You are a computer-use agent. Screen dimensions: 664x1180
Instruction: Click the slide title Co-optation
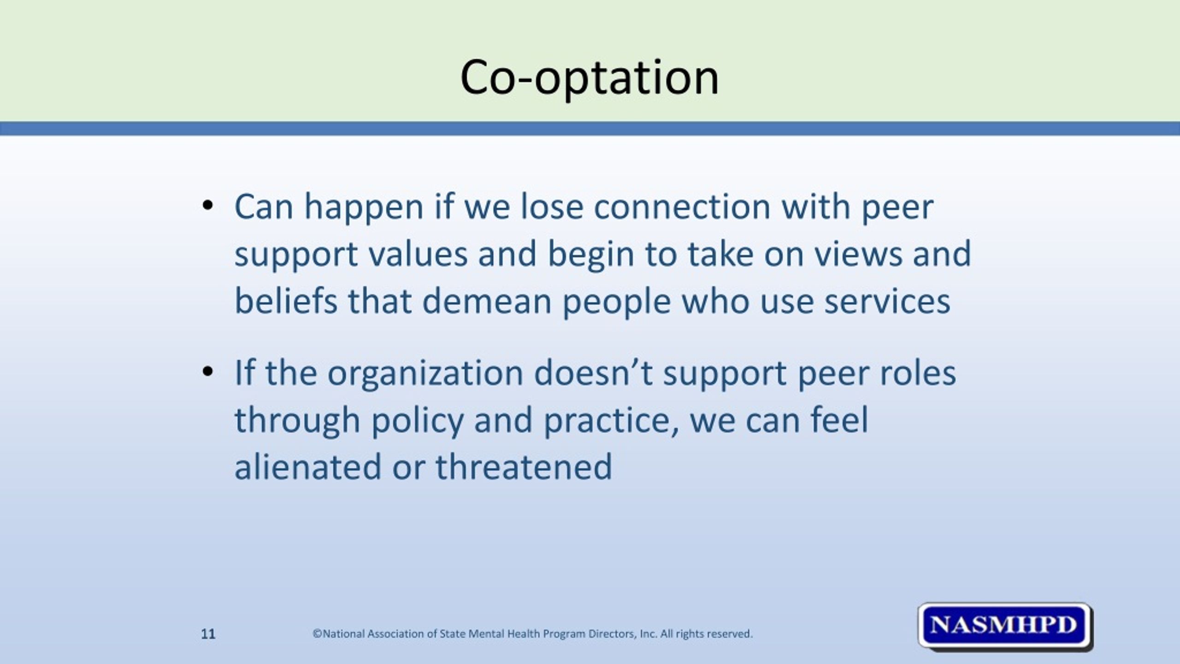589,77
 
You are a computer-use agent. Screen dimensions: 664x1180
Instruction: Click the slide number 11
208,634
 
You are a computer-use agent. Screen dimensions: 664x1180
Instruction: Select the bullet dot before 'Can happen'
207,205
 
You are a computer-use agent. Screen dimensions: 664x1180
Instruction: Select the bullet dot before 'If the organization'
207,371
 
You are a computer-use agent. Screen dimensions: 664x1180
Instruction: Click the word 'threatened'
524,467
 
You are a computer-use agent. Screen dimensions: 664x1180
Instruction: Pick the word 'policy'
417,421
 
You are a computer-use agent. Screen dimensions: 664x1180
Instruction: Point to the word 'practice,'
611,421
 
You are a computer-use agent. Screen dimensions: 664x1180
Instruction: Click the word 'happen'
364,207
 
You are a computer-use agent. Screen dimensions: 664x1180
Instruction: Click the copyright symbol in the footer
317,634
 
